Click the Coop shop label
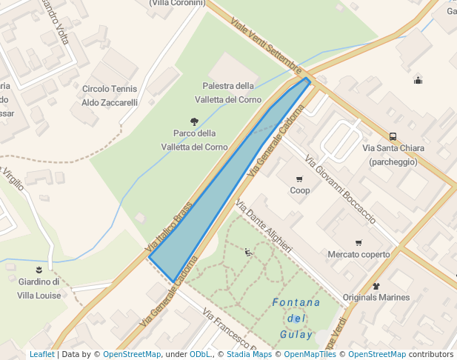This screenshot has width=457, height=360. click(300, 190)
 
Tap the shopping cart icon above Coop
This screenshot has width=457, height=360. click(299, 179)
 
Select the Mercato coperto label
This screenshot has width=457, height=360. click(358, 255)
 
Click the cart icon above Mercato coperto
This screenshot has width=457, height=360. click(358, 243)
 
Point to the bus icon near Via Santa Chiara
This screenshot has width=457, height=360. click(393, 136)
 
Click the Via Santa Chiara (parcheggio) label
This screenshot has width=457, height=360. click(393, 155)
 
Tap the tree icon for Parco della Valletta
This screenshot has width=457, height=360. click(195, 121)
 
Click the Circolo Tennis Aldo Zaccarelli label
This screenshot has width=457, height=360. click(110, 96)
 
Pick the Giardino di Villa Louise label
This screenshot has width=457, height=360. click(39, 288)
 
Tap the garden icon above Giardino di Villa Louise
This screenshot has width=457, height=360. click(39, 269)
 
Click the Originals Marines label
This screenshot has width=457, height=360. click(376, 298)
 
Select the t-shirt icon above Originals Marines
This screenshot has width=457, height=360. click(376, 286)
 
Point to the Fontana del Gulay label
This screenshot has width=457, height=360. click(296, 319)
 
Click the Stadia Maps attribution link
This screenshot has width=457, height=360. click(250, 355)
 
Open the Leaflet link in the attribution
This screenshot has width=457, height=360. click(42, 355)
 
